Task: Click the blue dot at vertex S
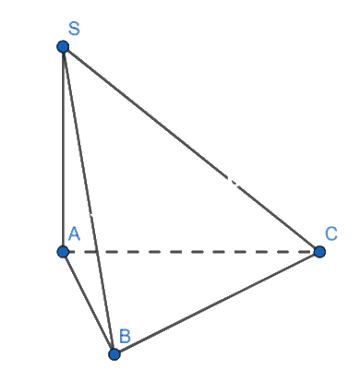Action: [63, 47]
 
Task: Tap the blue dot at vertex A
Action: [63, 252]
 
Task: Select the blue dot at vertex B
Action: [114, 354]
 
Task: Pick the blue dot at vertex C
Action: [319, 252]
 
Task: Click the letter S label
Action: [74, 29]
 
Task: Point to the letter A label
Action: [74, 233]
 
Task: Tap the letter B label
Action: [125, 336]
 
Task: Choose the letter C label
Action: [331, 233]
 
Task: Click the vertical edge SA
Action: [63, 149]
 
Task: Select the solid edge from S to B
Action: [89, 200]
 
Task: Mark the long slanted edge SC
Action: [191, 149]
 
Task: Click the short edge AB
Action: [89, 303]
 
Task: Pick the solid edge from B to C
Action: [217, 303]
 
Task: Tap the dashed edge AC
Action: [191, 252]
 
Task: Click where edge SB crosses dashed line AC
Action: [97, 252]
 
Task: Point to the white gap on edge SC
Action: [234, 182]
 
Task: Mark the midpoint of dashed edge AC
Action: [191, 252]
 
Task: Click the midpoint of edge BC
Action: [217, 303]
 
